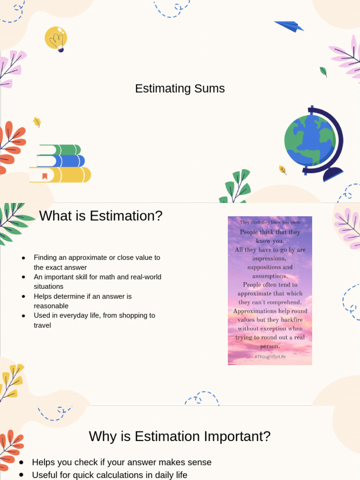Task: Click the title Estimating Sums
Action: coord(180,89)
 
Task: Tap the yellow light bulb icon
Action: coord(56,38)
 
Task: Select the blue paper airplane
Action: coord(289,26)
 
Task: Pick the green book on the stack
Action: coord(60,150)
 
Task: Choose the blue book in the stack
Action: coord(61,161)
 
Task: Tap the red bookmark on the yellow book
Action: coord(45,176)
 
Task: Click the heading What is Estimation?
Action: coord(101,216)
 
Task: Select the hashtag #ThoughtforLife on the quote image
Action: coord(270,357)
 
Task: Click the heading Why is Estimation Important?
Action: coord(180,436)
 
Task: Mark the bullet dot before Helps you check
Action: coord(22,463)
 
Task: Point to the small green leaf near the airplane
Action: coord(323,72)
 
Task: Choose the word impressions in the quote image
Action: coord(269,258)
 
